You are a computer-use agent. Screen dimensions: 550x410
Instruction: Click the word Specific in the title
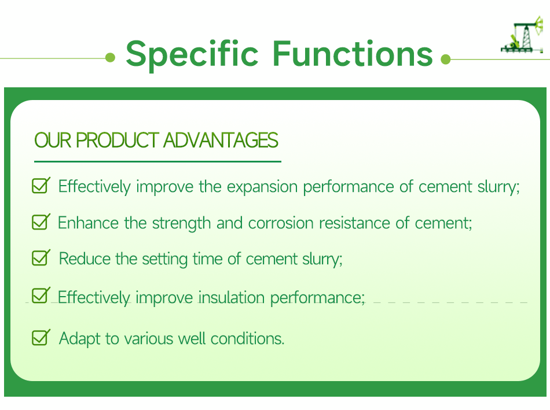click(192, 54)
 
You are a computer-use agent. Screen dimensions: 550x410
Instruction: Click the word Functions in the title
click(353, 53)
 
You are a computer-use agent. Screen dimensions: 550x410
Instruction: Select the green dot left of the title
click(110, 57)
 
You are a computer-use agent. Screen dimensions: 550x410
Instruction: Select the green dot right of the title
click(445, 59)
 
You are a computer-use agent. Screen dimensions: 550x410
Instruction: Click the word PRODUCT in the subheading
click(118, 140)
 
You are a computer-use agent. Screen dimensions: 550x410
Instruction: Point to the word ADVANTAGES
click(221, 140)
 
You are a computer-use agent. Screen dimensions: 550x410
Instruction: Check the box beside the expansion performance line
click(41, 186)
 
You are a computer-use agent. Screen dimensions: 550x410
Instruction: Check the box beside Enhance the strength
click(41, 222)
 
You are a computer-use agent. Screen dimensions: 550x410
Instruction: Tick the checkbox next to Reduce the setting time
click(41, 257)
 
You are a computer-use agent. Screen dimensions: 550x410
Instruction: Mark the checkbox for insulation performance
click(41, 295)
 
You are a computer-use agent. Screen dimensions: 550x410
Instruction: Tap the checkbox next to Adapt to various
click(41, 338)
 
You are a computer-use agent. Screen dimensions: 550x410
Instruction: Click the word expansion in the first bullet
click(262, 187)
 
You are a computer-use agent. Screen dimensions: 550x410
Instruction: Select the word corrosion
click(281, 223)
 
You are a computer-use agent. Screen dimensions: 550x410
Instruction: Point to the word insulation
click(232, 297)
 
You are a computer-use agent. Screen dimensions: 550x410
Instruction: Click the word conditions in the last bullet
click(247, 339)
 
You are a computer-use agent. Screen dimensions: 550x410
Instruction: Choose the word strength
click(181, 224)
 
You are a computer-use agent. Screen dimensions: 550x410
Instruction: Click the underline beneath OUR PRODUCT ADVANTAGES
click(158, 161)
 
